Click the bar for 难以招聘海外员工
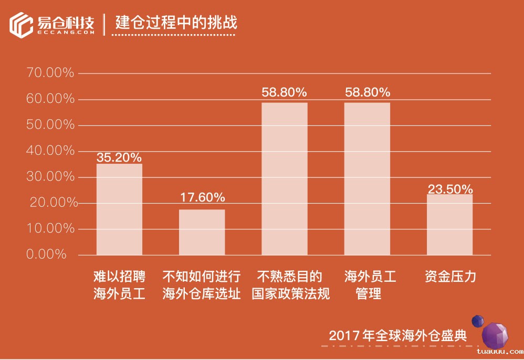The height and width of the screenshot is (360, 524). coord(119,209)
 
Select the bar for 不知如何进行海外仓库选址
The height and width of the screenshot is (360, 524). coord(202,232)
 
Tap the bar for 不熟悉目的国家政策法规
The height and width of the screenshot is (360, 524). coord(285,179)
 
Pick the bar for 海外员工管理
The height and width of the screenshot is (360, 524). coord(367,179)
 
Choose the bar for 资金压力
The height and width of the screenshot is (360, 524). coord(449,225)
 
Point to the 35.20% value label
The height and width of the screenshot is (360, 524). coord(119,157)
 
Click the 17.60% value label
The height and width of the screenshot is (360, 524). coord(202,198)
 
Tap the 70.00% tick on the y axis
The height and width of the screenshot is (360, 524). coord(50,73)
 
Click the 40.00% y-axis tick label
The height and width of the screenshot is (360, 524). coord(50,151)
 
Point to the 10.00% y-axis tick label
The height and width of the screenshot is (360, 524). coord(50,229)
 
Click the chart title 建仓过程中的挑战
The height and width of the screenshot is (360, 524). coord(176,23)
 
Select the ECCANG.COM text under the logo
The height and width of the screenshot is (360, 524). coord(66,33)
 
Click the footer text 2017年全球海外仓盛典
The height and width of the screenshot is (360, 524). coord(397,336)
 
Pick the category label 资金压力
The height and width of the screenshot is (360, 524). coord(450,277)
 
